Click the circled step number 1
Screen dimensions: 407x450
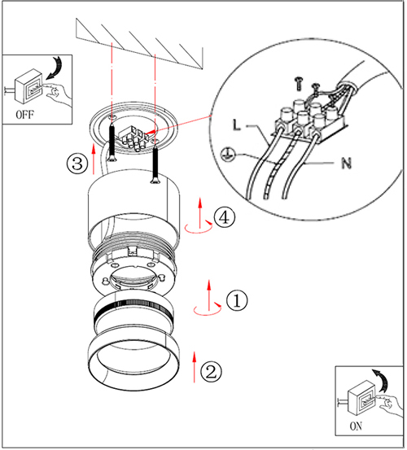(x=237, y=300)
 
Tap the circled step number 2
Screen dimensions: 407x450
(x=211, y=372)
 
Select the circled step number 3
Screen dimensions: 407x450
(x=77, y=164)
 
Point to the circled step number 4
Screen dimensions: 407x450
(x=224, y=217)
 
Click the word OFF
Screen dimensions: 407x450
(x=24, y=115)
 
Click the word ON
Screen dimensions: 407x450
(x=356, y=426)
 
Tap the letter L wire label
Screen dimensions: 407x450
(x=236, y=125)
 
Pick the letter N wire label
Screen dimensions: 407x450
(x=347, y=164)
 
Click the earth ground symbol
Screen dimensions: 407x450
(x=227, y=155)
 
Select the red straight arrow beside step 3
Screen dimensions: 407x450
(x=94, y=159)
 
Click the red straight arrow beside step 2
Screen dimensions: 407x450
(x=195, y=366)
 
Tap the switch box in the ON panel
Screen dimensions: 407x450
(x=361, y=397)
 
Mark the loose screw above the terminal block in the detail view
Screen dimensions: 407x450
(x=299, y=84)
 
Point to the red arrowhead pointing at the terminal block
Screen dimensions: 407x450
(x=151, y=133)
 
